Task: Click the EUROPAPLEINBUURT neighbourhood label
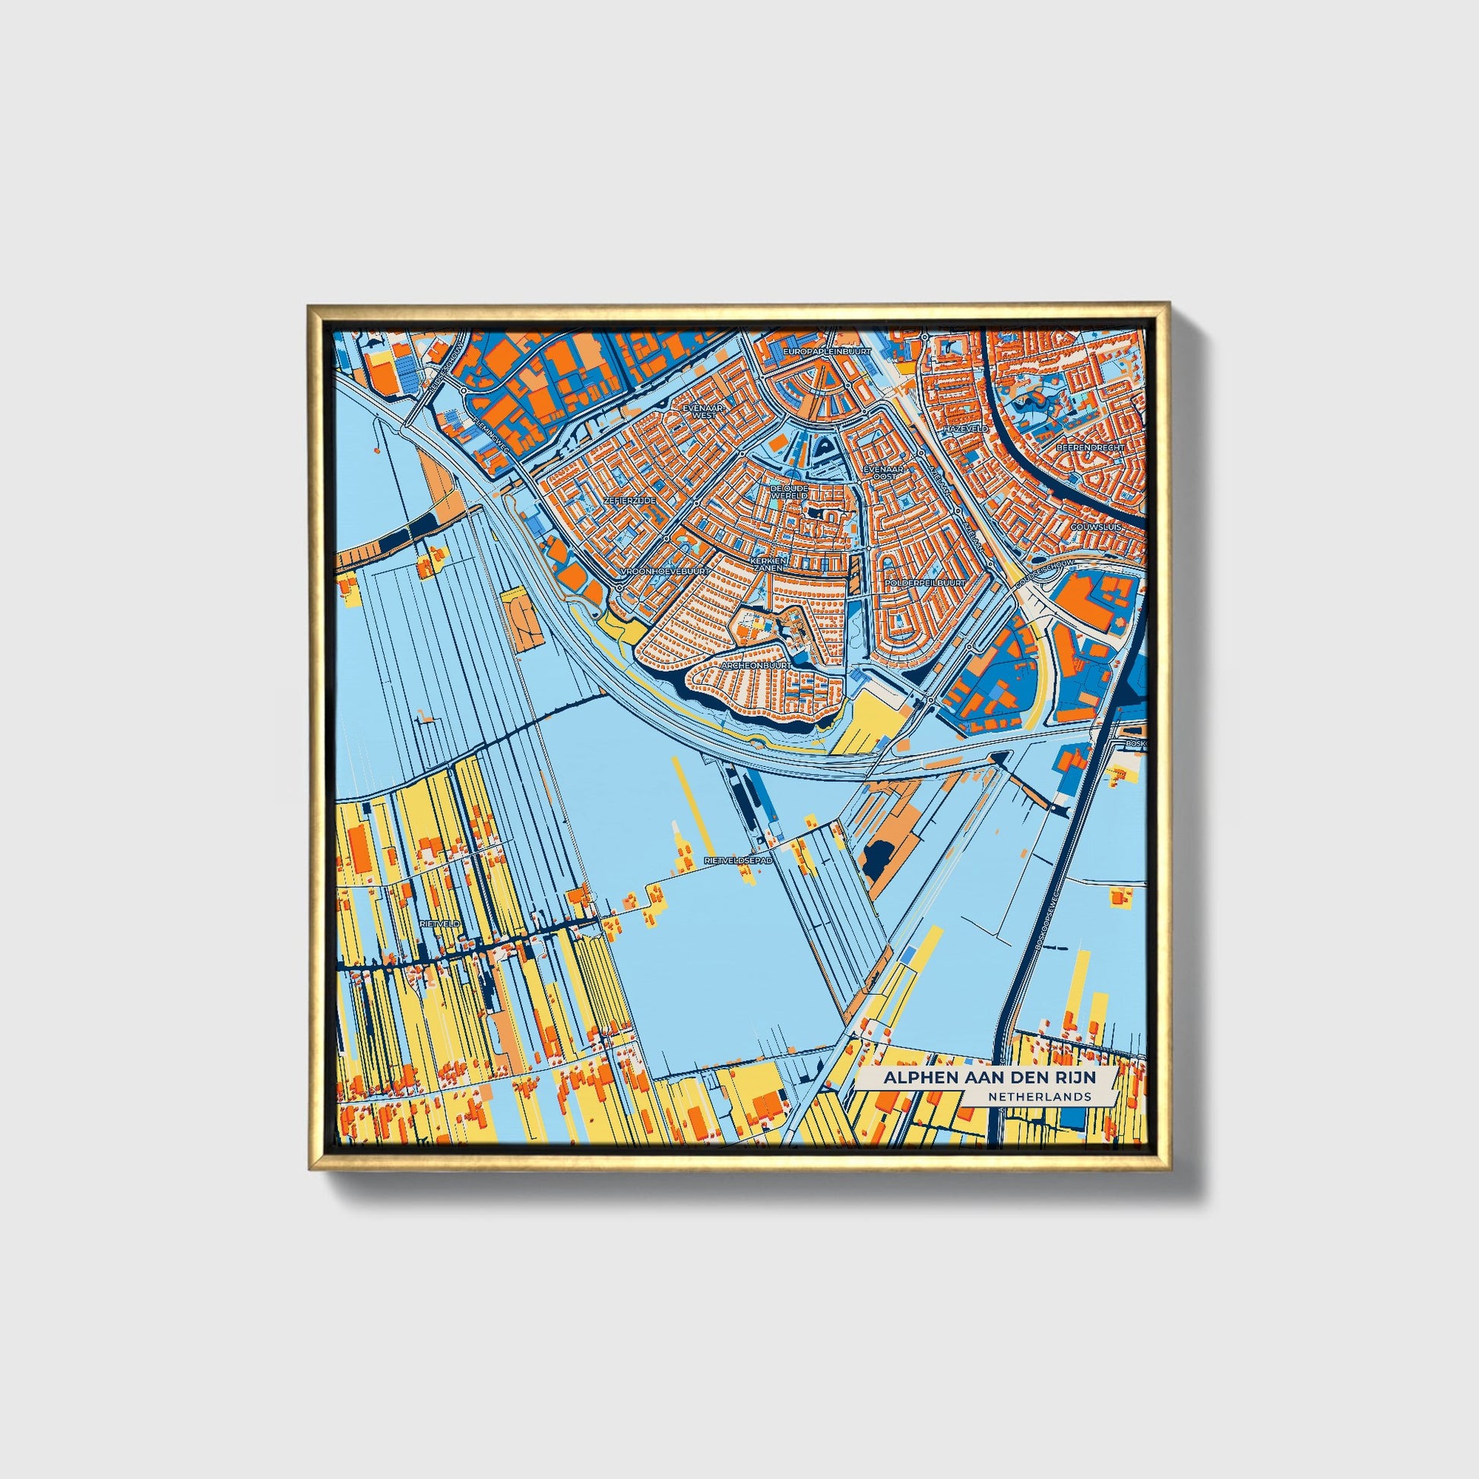click(828, 351)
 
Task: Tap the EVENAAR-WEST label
click(703, 412)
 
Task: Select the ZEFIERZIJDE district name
click(629, 499)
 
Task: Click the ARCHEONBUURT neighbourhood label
click(755, 666)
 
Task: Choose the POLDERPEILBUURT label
click(924, 583)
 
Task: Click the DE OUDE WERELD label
click(788, 492)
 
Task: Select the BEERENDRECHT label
click(1090, 446)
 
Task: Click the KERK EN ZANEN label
click(767, 564)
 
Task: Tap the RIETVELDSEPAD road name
click(738, 860)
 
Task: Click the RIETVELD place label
click(440, 924)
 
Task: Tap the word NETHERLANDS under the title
click(1039, 1096)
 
